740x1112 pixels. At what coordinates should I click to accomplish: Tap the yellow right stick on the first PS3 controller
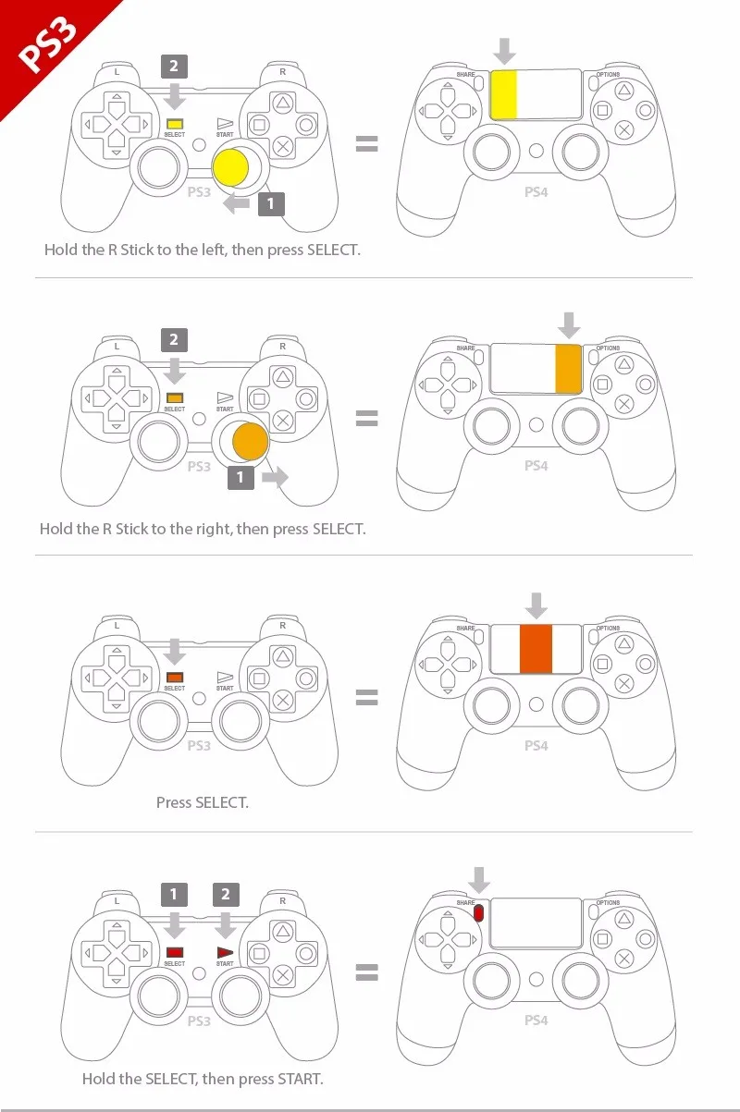pyautogui.click(x=230, y=166)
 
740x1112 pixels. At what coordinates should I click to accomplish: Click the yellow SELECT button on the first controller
pyautogui.click(x=175, y=123)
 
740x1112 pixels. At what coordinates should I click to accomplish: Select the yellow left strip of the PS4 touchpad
pyautogui.click(x=503, y=93)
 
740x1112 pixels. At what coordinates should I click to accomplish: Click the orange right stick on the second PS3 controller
pyautogui.click(x=249, y=440)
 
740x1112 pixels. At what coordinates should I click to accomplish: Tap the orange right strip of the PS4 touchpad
pyautogui.click(x=567, y=367)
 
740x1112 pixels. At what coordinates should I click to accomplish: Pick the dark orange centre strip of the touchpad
pyautogui.click(x=536, y=648)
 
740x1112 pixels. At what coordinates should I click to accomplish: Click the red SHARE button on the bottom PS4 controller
pyautogui.click(x=479, y=913)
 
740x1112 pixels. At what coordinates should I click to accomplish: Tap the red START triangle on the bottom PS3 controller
pyautogui.click(x=225, y=952)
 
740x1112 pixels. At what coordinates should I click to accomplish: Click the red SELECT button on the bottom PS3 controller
pyautogui.click(x=175, y=952)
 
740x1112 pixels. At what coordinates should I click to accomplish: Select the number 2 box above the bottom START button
pyautogui.click(x=225, y=894)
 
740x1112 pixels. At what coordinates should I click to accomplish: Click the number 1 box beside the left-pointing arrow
pyautogui.click(x=270, y=203)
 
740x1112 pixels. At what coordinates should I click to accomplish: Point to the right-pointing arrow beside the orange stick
pyautogui.click(x=276, y=477)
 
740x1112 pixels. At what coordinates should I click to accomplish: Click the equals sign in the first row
pyautogui.click(x=366, y=143)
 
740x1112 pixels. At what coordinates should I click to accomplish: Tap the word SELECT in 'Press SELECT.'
pyautogui.click(x=221, y=802)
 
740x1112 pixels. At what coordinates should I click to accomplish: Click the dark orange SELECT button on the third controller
pyautogui.click(x=175, y=677)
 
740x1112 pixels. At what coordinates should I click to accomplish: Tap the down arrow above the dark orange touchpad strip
pyautogui.click(x=536, y=606)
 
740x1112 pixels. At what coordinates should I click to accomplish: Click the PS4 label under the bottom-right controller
pyautogui.click(x=536, y=1020)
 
